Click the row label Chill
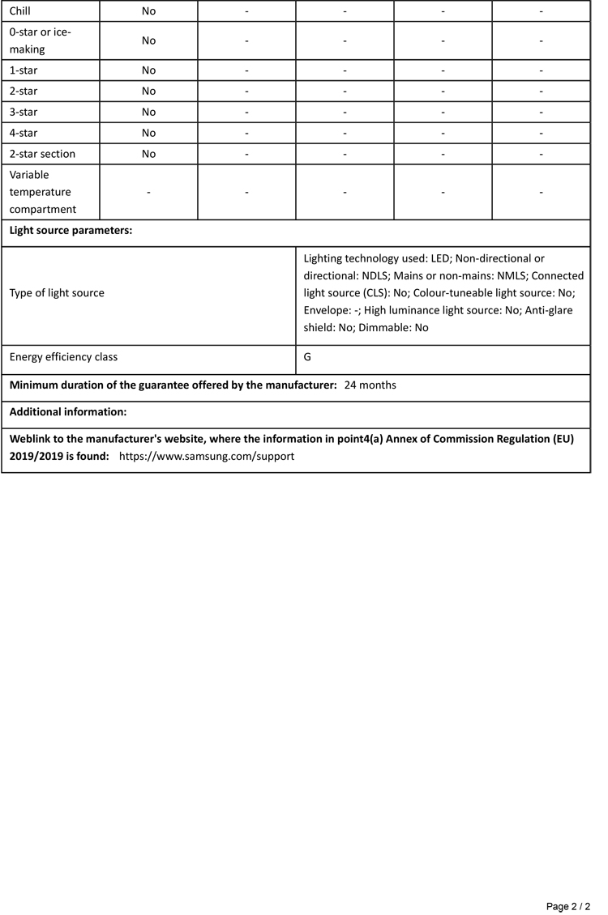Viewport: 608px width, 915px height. click(x=20, y=11)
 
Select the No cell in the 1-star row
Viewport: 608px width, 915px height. click(x=148, y=70)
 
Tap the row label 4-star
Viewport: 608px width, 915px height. click(x=24, y=133)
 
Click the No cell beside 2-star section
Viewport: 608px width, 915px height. click(x=148, y=154)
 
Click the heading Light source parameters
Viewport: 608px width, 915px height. click(x=71, y=231)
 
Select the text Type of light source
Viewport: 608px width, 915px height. click(x=57, y=293)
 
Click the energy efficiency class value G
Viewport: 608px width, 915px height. click(x=308, y=357)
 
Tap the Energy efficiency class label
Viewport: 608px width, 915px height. click(x=63, y=357)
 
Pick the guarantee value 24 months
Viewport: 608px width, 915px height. click(x=370, y=385)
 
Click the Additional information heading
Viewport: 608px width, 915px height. click(x=68, y=412)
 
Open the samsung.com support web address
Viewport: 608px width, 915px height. click(x=207, y=457)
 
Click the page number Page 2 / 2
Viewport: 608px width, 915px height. click(x=568, y=906)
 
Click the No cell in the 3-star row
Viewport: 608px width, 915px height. click(x=148, y=112)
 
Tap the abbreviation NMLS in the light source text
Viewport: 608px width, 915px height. click(x=511, y=276)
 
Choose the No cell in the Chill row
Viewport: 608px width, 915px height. click(x=148, y=11)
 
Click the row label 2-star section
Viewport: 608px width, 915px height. click(x=42, y=154)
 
